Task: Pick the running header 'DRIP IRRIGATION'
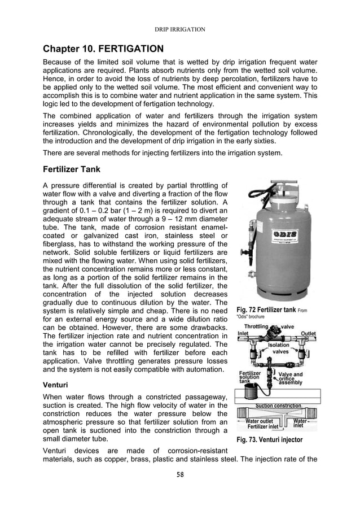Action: coord(179,28)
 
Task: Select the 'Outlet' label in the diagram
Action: coord(308,334)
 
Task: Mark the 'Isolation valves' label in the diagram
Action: coord(279,348)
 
